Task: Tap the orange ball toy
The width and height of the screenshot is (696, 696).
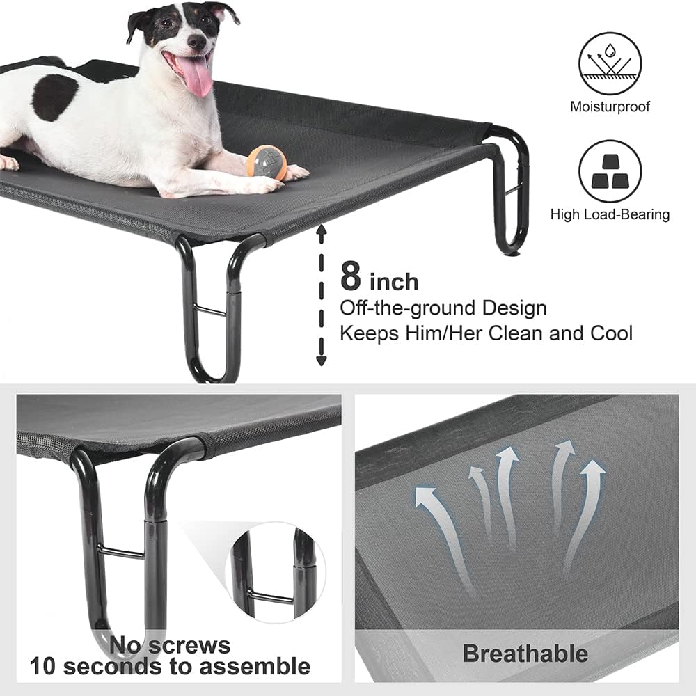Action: pos(267,163)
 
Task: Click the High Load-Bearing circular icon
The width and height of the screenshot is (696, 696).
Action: pos(610,171)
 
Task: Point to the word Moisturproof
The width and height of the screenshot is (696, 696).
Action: pos(610,107)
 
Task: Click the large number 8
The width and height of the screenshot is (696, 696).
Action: pos(351,276)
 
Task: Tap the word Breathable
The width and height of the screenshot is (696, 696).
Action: pos(525,654)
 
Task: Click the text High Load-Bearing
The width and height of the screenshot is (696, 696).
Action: pos(610,214)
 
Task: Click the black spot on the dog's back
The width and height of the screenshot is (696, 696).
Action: pos(54,97)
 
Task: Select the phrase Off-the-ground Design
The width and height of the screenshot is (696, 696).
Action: pos(443,308)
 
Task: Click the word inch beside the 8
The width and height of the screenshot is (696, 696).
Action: pos(393,281)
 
